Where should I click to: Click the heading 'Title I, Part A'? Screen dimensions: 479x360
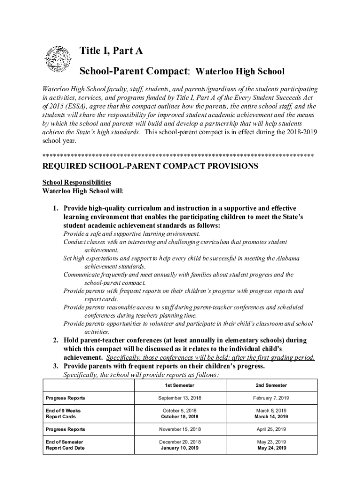click(111, 51)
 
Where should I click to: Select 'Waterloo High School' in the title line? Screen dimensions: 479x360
click(239, 72)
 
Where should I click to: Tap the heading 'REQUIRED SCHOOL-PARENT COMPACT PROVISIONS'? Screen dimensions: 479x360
click(150, 166)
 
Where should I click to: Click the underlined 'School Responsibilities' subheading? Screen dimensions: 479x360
click(77, 182)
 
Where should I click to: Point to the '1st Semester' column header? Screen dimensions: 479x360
click(180, 385)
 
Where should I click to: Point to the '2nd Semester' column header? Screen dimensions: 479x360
click(271, 385)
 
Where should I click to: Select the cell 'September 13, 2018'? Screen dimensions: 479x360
click(180, 398)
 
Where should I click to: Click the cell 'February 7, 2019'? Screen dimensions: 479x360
click(271, 398)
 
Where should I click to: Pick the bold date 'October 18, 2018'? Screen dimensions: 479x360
click(180, 416)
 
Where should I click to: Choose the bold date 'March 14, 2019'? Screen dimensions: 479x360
click(271, 416)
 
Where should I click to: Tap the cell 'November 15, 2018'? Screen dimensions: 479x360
click(180, 429)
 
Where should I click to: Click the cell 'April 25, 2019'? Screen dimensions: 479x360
click(271, 429)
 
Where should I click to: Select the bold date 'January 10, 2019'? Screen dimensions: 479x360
click(180, 448)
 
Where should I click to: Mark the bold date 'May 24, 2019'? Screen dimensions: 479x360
click(271, 448)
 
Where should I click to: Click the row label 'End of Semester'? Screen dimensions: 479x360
click(65, 442)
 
